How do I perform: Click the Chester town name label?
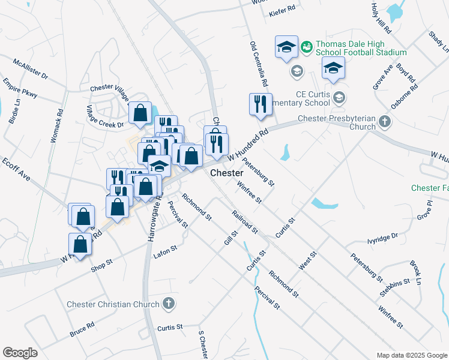click(226, 173)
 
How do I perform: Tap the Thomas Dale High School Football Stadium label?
click(361, 48)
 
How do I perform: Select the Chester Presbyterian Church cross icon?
click(385, 122)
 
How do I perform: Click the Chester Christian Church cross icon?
click(169, 304)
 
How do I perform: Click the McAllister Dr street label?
click(30, 69)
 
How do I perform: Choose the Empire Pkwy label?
click(20, 88)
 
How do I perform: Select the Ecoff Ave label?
click(16, 170)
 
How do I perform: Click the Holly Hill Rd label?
click(381, 19)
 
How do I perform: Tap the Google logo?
click(20, 353)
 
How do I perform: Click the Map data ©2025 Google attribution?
click(411, 355)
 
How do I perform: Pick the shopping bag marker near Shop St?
click(80, 244)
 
